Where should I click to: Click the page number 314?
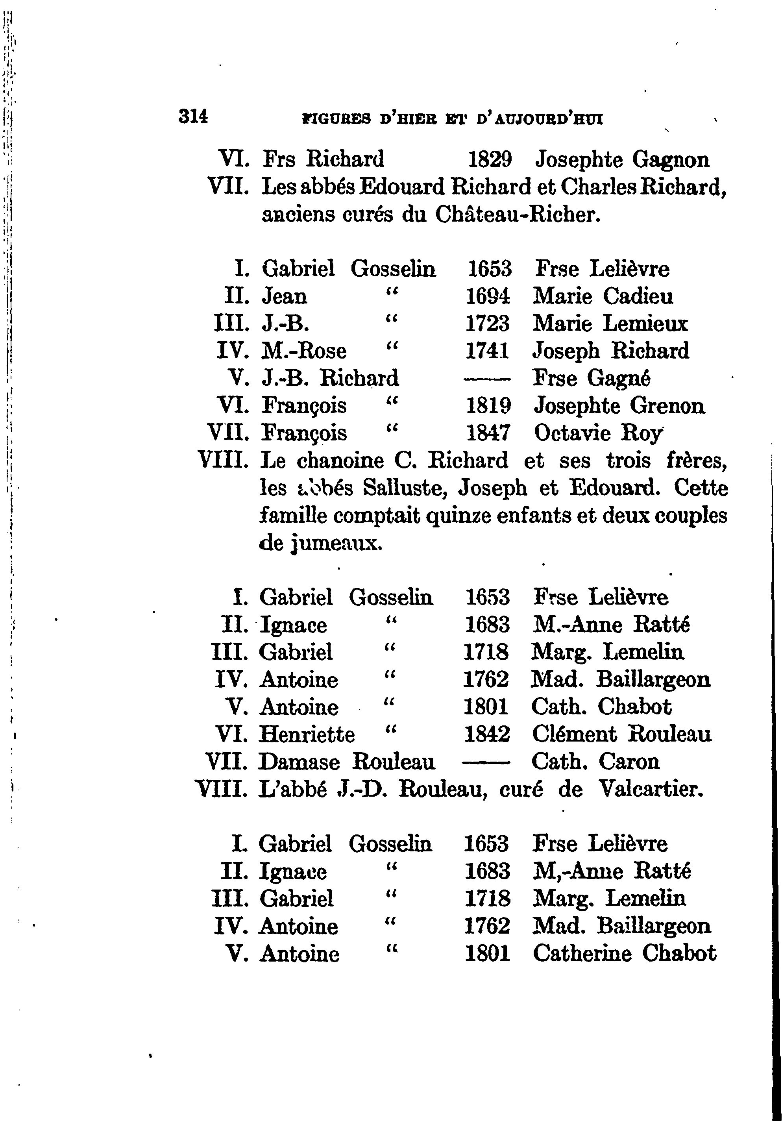tap(194, 117)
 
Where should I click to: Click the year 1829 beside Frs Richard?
tap(490, 160)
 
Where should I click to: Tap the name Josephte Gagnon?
tap(622, 160)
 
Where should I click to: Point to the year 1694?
tap(488, 296)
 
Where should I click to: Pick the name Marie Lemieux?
tap(610, 324)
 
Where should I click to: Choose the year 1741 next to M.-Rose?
tap(487, 351)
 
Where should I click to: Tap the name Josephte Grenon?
tap(619, 406)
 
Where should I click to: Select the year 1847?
tap(488, 433)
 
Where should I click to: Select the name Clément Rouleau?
tap(621, 734)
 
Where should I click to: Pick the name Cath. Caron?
tap(595, 762)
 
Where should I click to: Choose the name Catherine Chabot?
tap(624, 953)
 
